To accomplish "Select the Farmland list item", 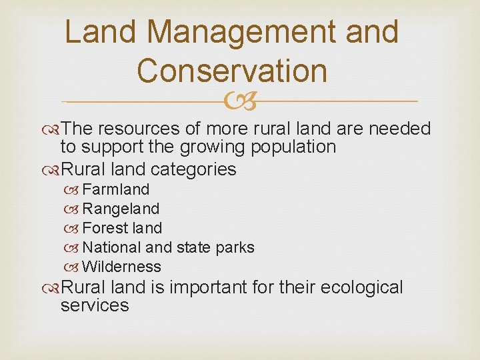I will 115,190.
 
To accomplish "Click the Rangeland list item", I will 121,209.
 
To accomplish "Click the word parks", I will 235,247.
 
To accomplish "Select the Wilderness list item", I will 121,267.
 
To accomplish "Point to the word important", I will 209,288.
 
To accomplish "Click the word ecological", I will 361,288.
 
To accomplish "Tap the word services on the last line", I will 94,305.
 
